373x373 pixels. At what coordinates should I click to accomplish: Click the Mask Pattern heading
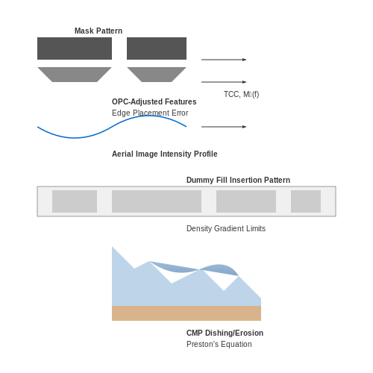coord(98,31)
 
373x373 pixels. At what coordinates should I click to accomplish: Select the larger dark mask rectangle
coord(75,48)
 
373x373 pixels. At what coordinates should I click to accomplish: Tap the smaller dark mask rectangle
coord(157,48)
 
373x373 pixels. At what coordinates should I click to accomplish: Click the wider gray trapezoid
coord(75,75)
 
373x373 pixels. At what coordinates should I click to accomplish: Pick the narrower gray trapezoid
coord(157,75)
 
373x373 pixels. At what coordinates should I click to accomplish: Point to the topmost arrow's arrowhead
coord(245,60)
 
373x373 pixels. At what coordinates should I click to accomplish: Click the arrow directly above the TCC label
coord(224,82)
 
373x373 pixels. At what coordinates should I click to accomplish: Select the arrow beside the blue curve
coord(224,127)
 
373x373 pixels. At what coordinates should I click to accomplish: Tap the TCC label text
coord(241,94)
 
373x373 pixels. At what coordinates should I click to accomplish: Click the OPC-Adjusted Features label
coord(154,101)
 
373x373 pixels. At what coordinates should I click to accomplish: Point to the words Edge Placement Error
coord(150,113)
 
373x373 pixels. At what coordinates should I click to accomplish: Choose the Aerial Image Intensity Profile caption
coord(165,154)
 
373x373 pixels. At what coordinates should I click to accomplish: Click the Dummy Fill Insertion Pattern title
coord(238,180)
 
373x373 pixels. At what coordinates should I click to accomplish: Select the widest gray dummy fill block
coord(157,201)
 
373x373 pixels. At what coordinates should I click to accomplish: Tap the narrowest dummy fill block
coord(306,201)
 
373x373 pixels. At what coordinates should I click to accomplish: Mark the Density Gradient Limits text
coord(226,228)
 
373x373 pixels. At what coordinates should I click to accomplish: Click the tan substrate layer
coord(186,313)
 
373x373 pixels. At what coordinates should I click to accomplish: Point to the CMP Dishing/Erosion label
coord(225,333)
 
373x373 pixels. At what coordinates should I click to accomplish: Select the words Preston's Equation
coord(219,344)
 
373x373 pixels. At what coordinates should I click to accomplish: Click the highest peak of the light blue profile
coord(112,247)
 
